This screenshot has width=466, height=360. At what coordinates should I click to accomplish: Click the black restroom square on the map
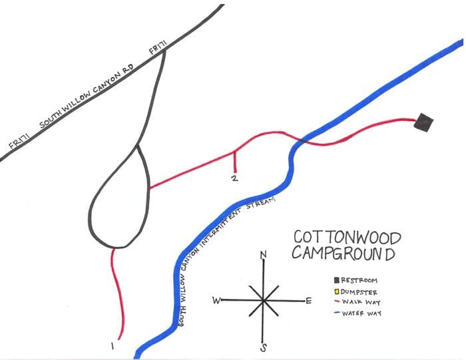pyautogui.click(x=423, y=122)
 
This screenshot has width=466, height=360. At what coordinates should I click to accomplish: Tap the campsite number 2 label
pyautogui.click(x=234, y=178)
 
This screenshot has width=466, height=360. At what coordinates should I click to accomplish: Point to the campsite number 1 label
pyautogui.click(x=113, y=347)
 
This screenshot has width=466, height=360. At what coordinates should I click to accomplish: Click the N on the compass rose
pyautogui.click(x=264, y=254)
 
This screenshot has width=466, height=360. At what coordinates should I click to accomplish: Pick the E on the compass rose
pyautogui.click(x=308, y=301)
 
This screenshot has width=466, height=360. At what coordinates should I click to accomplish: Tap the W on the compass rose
pyautogui.click(x=216, y=300)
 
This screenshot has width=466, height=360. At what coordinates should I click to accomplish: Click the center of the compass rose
pyautogui.click(x=264, y=300)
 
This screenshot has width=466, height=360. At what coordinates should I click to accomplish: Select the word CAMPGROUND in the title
pyautogui.click(x=343, y=254)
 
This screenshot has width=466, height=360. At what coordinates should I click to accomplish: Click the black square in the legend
pyautogui.click(x=338, y=280)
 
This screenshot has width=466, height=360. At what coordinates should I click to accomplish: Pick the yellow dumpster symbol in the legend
pyautogui.click(x=338, y=291)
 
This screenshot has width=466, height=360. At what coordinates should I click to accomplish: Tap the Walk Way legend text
pyautogui.click(x=362, y=302)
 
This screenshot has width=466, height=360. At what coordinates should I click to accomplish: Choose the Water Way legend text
pyautogui.click(x=363, y=313)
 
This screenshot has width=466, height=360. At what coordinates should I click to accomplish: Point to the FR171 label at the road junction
pyautogui.click(x=158, y=48)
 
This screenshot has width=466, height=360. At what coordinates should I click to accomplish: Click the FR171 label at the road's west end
pyautogui.click(x=19, y=140)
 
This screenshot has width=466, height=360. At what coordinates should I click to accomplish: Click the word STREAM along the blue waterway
pyautogui.click(x=261, y=203)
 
